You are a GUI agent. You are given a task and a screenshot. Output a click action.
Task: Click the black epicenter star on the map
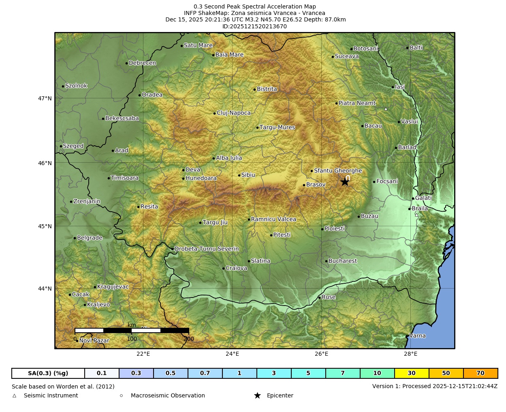(345, 182)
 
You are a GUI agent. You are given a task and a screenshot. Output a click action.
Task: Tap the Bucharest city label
(342, 261)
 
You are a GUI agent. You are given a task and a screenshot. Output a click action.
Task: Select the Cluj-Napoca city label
(233, 113)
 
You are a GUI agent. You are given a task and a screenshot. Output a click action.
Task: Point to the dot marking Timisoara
(109, 178)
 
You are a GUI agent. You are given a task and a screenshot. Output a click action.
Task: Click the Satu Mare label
(198, 45)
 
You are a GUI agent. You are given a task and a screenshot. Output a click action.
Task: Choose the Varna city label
(417, 336)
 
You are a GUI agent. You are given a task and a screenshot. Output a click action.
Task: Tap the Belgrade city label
(90, 238)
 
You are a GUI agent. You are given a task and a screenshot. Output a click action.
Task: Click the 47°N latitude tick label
(45, 98)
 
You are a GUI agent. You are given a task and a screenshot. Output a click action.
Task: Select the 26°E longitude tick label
(321, 354)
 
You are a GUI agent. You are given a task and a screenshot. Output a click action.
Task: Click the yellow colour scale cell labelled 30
(412, 373)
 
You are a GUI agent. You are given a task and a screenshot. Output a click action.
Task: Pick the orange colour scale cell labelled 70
(480, 373)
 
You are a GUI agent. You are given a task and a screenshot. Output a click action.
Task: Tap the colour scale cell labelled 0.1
(102, 373)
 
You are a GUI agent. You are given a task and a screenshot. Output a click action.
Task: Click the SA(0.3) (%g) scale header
(48, 373)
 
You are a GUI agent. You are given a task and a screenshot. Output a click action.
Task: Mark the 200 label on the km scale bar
(189, 339)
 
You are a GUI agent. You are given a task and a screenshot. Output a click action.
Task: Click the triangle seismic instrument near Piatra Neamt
(386, 109)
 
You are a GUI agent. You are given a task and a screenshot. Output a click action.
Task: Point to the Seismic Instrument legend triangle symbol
(15, 396)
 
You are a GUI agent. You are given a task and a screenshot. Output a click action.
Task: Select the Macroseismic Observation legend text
(168, 395)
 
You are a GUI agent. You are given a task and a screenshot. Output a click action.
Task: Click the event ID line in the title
(254, 26)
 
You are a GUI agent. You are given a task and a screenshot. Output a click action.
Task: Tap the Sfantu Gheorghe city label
(338, 171)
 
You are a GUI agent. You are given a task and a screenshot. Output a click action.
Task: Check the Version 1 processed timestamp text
(435, 386)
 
